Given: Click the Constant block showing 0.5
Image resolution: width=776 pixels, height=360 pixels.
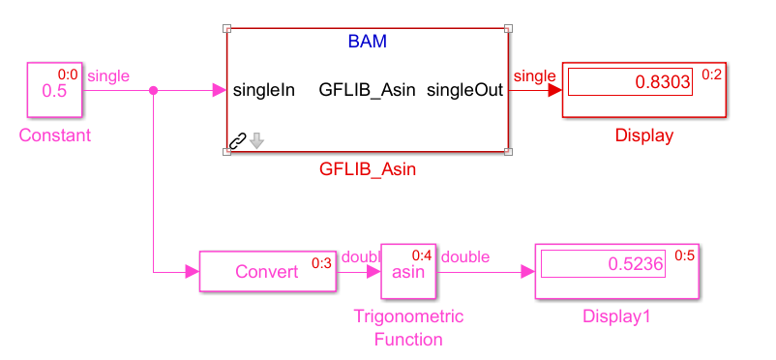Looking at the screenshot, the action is (x=54, y=90).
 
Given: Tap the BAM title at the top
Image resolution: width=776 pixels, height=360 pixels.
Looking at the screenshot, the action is (x=368, y=42).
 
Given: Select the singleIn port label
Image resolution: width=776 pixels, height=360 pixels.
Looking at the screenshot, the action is (x=264, y=90).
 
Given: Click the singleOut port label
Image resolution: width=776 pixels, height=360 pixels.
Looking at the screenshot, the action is (x=464, y=90).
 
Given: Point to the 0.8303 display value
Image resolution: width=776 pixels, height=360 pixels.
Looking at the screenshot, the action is (x=663, y=81).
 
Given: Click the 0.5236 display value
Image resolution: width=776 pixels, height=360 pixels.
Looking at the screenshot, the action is (x=636, y=264).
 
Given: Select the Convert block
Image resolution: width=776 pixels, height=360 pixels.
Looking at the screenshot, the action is (x=268, y=271).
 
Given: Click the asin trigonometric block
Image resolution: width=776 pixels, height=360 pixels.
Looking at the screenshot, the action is (x=408, y=271).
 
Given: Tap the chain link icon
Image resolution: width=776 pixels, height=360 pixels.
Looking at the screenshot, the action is (x=239, y=140).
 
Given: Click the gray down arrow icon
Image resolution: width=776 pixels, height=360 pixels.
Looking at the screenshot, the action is (x=256, y=140).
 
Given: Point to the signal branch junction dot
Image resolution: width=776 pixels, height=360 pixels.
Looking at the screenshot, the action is (x=154, y=91).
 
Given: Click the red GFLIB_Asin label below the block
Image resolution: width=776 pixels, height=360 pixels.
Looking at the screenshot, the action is (x=368, y=170).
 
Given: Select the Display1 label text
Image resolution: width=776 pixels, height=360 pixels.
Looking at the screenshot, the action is (x=616, y=316).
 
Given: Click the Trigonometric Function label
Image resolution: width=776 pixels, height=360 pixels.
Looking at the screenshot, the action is (x=408, y=328).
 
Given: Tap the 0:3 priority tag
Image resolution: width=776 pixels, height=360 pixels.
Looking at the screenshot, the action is (x=321, y=263).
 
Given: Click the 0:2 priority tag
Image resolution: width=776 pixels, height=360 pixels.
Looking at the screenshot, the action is (x=712, y=75).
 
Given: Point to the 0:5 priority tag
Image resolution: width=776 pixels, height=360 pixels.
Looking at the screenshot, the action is (x=685, y=256).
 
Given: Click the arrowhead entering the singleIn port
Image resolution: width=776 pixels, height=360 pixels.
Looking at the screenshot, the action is (x=220, y=90).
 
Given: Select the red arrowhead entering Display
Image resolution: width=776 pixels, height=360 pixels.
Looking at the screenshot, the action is (x=555, y=90).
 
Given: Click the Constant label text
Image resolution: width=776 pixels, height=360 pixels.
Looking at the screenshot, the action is (x=55, y=135).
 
